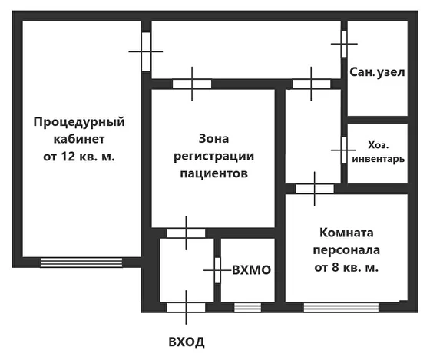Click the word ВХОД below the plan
187,342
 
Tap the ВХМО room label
252,270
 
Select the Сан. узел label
377,72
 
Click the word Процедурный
79,122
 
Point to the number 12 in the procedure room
68,157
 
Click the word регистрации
214,157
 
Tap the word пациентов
214,173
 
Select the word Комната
346,233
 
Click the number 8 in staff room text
335,267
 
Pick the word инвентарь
378,159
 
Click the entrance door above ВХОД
186,307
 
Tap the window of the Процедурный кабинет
81,263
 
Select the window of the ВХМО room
247,307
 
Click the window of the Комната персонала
341,307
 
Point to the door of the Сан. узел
344,44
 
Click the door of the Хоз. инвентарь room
344,150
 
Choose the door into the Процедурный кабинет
146,51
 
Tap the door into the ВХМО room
217,270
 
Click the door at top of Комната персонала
315,189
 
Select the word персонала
346,250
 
